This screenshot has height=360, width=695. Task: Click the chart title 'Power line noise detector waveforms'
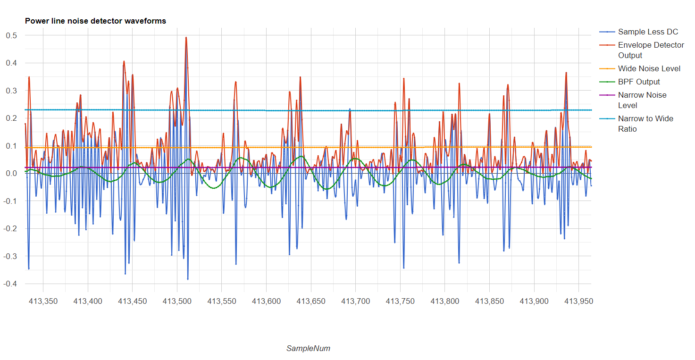click(x=95, y=21)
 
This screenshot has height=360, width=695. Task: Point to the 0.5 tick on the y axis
click(x=11, y=35)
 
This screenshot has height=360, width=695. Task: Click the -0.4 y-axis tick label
click(x=10, y=284)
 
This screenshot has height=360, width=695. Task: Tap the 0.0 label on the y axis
click(x=11, y=173)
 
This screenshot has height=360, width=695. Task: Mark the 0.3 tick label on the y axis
click(x=11, y=91)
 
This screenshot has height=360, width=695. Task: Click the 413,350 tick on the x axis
click(x=43, y=301)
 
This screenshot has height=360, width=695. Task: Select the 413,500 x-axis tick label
click(x=177, y=301)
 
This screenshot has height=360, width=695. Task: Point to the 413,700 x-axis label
click(x=356, y=301)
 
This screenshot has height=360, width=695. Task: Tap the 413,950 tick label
click(x=578, y=301)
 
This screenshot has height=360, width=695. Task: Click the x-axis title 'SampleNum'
click(x=308, y=348)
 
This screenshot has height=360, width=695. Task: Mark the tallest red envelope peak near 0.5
click(x=186, y=38)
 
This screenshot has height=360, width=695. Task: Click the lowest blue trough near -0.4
click(x=188, y=279)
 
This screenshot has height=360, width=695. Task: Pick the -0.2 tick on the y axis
click(x=10, y=228)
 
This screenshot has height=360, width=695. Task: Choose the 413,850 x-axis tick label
click(x=490, y=301)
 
